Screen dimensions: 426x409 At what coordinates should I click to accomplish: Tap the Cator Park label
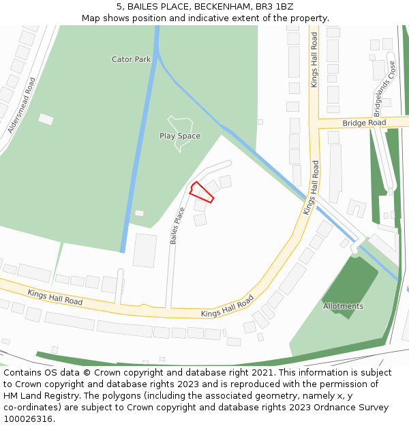point(132,59)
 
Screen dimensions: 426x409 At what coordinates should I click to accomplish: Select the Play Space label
point(180,136)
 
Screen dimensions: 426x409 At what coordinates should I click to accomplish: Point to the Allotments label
point(343,306)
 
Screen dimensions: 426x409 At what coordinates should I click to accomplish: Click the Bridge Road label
point(364,123)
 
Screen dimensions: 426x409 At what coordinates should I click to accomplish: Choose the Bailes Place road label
point(178,226)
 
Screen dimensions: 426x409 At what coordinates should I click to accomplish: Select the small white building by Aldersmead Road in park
point(46,119)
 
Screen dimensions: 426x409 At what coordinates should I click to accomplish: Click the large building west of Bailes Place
point(145,250)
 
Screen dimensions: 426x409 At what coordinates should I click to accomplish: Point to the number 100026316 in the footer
point(29,419)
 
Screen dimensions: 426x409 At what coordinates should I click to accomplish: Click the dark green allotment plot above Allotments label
point(348,279)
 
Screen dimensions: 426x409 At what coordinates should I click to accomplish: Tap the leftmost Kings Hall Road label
point(55,296)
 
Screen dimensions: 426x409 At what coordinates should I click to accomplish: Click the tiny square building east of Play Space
point(260,122)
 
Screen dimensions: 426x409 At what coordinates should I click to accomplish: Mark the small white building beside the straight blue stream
point(139,213)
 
